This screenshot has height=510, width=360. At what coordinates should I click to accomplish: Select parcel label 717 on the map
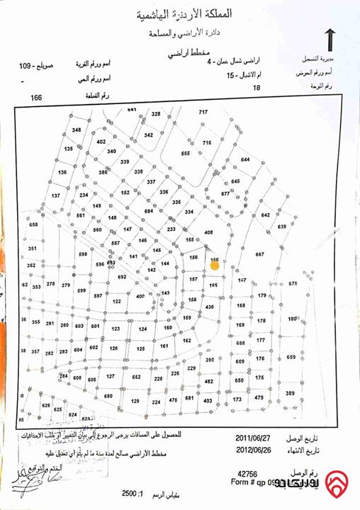tap(203, 113)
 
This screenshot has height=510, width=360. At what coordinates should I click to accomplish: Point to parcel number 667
tap(259, 254)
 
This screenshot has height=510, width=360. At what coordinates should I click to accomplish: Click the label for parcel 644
tap(246, 160)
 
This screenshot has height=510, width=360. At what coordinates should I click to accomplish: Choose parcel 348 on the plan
tap(77, 130)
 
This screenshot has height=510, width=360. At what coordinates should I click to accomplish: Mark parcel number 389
tap(290, 393)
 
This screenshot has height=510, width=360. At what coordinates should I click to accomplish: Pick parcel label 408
tap(208, 232)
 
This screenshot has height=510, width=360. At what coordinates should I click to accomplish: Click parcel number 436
tap(209, 307)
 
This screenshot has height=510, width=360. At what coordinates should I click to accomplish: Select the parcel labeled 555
tap(186, 154)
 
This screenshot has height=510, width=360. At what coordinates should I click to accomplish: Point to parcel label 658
tap(33, 225)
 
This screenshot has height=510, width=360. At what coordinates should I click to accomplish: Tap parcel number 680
tap(108, 396)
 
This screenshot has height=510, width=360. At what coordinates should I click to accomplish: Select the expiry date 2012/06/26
tap(251, 449)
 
